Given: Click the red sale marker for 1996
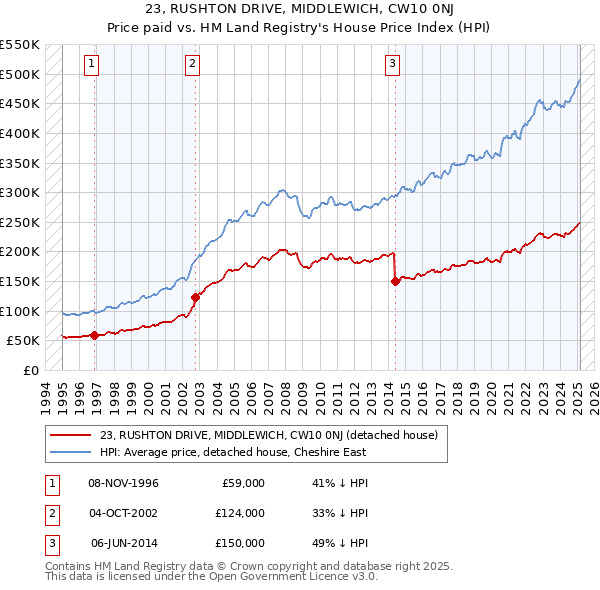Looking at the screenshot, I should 94,336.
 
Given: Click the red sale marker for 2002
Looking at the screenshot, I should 195,297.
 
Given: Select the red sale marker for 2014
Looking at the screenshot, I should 395,282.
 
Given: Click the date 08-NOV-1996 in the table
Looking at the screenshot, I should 124,483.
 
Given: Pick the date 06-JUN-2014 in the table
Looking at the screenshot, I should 124,543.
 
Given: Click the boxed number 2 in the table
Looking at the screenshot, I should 49,513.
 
